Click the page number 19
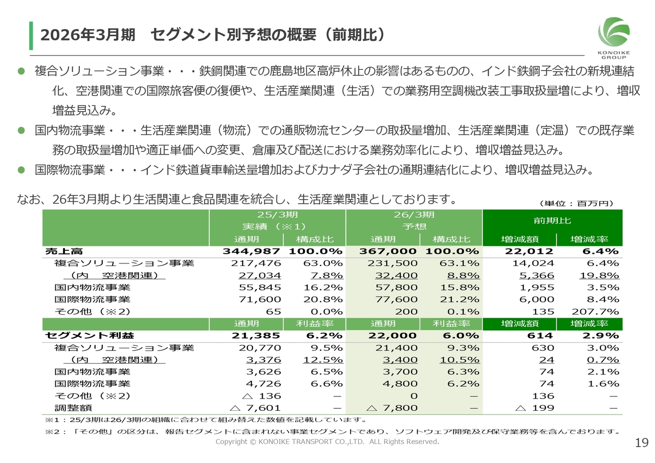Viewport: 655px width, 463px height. pos(641,443)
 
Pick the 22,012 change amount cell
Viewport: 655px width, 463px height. pos(529,251)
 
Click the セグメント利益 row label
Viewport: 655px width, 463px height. pos(90,336)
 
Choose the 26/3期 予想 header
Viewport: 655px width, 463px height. pos(414,221)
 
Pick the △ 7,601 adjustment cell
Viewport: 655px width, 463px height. pos(255,408)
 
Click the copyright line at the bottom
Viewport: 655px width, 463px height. pos(327,442)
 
